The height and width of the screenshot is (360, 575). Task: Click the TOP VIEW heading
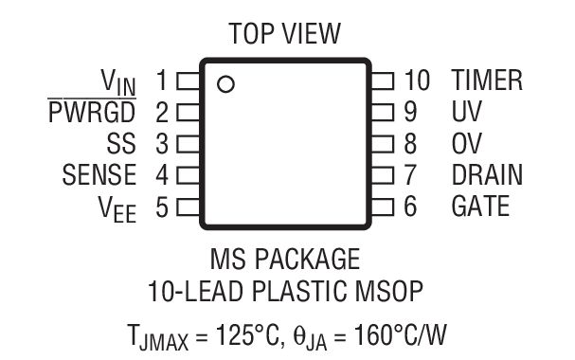pyautogui.click(x=285, y=35)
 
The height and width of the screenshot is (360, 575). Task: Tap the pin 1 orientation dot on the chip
pyautogui.click(x=225, y=84)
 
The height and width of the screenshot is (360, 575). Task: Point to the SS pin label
pyautogui.click(x=121, y=144)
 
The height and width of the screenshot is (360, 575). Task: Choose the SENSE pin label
pyautogui.click(x=99, y=175)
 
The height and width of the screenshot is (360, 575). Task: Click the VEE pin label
pyautogui.click(x=117, y=207)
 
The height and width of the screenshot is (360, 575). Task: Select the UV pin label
pyautogui.click(x=466, y=113)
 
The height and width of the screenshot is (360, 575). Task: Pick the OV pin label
pyautogui.click(x=466, y=144)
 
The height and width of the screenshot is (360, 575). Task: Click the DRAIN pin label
pyautogui.click(x=487, y=175)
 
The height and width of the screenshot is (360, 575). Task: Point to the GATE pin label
pyautogui.click(x=481, y=206)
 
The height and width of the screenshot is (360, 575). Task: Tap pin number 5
pyautogui.click(x=161, y=206)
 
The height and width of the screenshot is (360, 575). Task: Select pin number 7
pyautogui.click(x=409, y=175)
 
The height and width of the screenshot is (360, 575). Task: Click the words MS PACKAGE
pyautogui.click(x=285, y=258)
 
